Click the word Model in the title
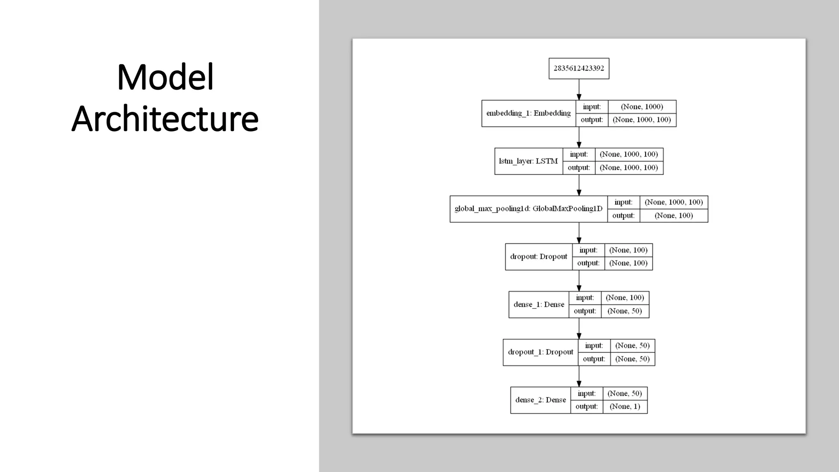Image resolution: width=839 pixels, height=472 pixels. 165,77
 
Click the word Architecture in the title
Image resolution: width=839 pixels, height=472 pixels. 165,119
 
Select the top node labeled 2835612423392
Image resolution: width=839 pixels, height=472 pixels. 578,68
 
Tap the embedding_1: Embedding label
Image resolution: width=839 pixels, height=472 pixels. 528,113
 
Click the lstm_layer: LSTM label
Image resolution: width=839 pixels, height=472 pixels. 528,161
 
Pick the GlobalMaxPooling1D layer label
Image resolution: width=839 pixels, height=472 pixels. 528,209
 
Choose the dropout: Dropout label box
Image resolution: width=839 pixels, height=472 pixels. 539,257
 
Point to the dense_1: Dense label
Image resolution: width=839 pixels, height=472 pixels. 539,304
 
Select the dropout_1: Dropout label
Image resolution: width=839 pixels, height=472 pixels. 540,352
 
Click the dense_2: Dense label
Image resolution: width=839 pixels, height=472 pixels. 540,400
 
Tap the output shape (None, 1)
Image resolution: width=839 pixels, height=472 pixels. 625,406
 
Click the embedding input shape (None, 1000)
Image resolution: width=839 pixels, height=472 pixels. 642,107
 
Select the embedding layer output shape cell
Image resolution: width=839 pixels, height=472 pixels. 642,120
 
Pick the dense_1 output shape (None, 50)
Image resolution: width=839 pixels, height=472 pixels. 625,311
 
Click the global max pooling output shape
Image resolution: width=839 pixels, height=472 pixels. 673,216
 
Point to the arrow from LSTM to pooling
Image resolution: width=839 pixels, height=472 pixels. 579,185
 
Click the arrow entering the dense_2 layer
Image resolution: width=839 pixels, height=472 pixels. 579,377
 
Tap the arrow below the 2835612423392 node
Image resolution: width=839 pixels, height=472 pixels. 579,89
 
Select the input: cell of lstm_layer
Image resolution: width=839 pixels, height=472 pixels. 578,154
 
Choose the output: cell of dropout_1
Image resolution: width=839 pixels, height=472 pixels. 594,359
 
